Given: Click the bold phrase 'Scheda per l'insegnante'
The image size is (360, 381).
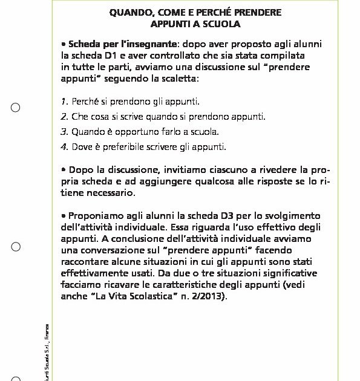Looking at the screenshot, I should (123, 44).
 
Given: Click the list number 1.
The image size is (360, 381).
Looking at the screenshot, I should (64, 102).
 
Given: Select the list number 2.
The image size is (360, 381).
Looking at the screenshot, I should (64, 117).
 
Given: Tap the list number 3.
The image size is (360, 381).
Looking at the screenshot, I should (64, 131).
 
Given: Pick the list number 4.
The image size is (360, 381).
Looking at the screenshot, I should (64, 146).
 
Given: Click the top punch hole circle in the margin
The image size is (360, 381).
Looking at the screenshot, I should (16, 108).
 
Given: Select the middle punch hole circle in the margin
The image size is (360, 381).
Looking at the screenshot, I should (16, 247).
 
